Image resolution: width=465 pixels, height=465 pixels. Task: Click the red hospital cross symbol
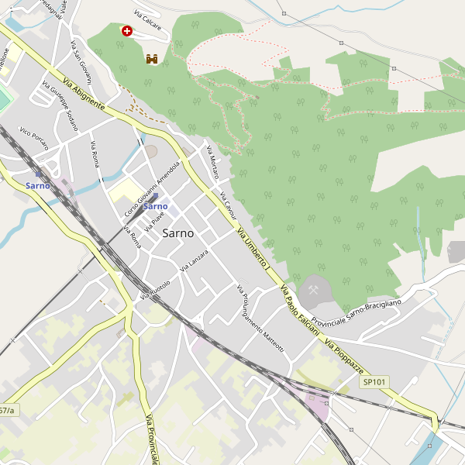[126, 30]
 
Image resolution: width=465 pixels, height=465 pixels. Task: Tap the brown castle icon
[152, 59]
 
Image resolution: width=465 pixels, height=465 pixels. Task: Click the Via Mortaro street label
[212, 162]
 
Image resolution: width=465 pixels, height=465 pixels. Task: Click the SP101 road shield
[374, 382]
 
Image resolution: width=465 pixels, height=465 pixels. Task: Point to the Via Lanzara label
[195, 260]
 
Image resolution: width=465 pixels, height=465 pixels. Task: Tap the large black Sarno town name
[179, 233]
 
